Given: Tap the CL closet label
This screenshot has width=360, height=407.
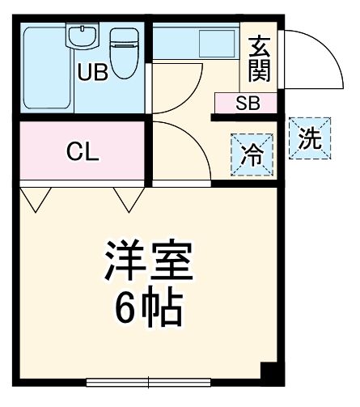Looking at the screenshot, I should click(83, 152).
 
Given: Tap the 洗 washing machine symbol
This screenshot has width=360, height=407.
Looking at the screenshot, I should click(310, 138).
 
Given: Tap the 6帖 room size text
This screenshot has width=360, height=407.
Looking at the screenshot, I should click(147, 306).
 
